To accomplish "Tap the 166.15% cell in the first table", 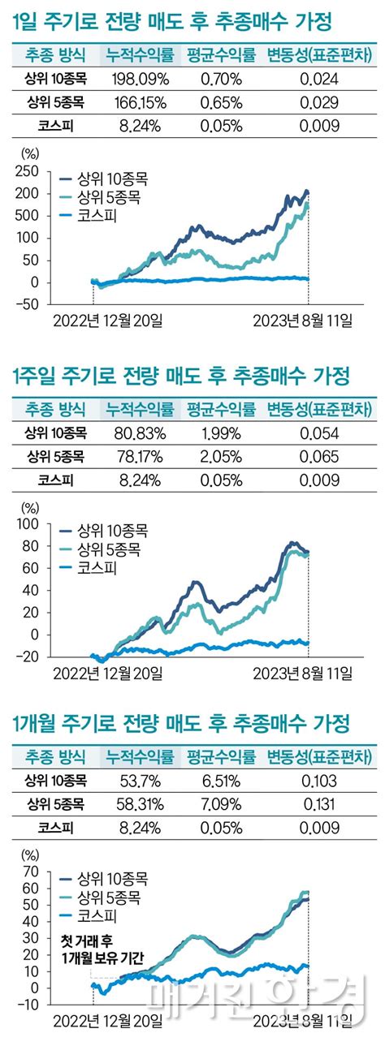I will tap(140, 103).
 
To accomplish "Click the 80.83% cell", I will tap(140, 433).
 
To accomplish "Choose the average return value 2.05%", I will tap(220, 457).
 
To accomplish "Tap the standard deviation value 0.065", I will tap(318, 457).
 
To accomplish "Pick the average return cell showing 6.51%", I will tap(220, 781).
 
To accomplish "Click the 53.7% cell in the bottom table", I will tap(140, 781).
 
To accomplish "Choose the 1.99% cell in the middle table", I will tap(220, 433).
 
